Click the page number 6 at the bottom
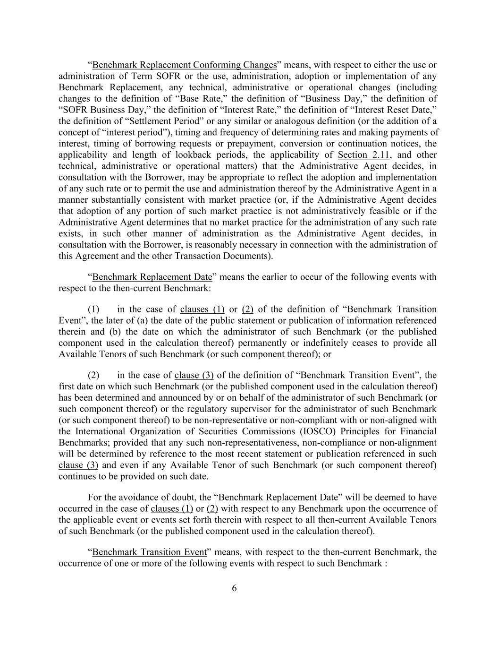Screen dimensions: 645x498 [234, 588]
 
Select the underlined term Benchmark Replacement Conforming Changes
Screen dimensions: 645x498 [184, 65]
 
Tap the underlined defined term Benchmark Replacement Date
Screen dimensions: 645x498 [152, 276]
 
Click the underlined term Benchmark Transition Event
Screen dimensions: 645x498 [149, 552]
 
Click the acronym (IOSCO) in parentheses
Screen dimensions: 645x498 [316, 431]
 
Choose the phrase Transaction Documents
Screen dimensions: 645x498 [222, 256]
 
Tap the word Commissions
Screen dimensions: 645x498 [270, 431]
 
